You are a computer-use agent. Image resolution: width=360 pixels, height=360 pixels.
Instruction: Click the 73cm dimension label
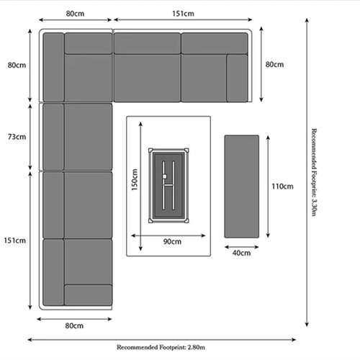[17, 137]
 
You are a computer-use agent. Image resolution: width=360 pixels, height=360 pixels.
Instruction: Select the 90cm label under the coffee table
[171, 242]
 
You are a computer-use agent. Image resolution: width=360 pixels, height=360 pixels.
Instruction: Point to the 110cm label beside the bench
[282, 186]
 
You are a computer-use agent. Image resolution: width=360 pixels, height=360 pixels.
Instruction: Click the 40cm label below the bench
[242, 253]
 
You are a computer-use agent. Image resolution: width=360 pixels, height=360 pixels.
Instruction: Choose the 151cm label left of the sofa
[17, 240]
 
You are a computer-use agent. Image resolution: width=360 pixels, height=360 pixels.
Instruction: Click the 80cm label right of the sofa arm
[274, 65]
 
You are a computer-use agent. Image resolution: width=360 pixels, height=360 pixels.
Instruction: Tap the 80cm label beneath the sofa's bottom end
[74, 325]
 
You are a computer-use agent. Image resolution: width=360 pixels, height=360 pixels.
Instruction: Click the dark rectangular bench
[242, 186]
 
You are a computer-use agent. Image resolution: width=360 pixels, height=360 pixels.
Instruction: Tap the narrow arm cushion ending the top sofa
[238, 78]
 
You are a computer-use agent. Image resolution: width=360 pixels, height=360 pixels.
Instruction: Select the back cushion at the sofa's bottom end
[88, 295]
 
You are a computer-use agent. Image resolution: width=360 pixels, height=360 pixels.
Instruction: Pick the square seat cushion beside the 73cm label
[89, 135]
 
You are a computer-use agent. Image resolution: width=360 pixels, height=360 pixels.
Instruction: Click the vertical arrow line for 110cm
[267, 186]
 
